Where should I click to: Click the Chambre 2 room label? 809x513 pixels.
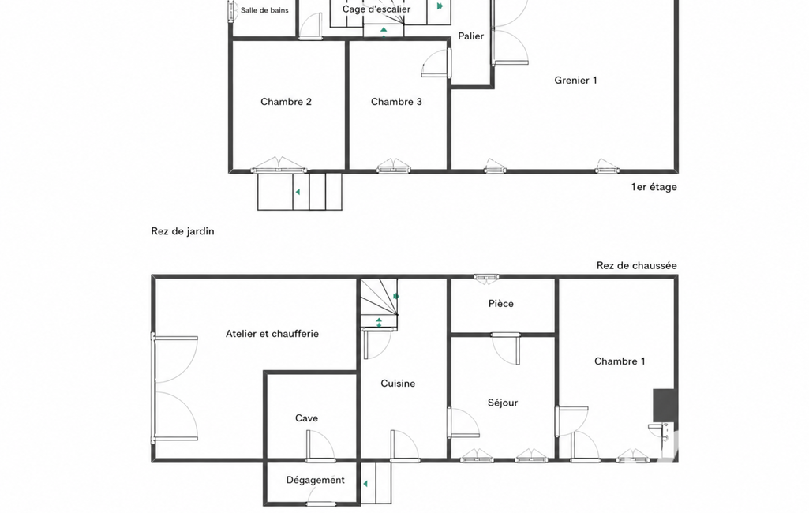[x=286, y=102]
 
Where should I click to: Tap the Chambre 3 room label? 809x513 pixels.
[x=396, y=102]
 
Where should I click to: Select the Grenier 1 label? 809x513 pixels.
[x=576, y=80]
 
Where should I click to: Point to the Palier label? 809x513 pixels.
[x=471, y=36]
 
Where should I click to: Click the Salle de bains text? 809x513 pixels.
[x=264, y=9]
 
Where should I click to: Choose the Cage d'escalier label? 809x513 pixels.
[x=376, y=9]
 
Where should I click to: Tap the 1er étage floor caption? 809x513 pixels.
[x=654, y=187]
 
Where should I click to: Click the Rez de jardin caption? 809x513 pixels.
[x=182, y=231]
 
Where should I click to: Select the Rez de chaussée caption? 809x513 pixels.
[x=637, y=265]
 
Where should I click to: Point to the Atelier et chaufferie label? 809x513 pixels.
[x=272, y=334]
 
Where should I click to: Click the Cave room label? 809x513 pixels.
[x=306, y=418]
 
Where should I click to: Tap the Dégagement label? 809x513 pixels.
[x=315, y=480]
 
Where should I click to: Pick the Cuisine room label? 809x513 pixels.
[x=398, y=384]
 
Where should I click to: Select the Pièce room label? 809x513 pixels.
[x=501, y=304]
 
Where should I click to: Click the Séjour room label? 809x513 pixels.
[x=503, y=403]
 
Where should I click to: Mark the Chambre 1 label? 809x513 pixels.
[x=620, y=361]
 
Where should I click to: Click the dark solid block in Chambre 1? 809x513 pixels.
[x=664, y=405]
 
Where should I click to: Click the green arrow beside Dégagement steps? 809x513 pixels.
[x=365, y=484]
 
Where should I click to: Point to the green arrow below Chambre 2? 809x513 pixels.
[x=298, y=192]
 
